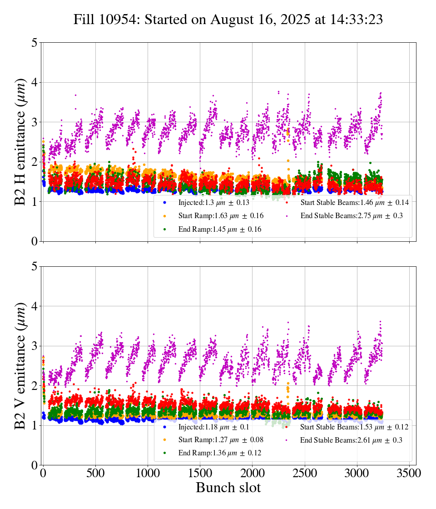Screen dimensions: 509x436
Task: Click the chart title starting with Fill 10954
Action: coord(228,20)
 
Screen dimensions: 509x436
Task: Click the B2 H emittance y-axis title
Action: coord(20,142)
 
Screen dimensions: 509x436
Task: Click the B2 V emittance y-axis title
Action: coord(20,366)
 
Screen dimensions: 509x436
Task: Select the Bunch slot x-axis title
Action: coord(228,488)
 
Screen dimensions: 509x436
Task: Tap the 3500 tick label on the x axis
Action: coord(409,473)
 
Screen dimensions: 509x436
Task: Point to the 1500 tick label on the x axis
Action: coord(200,473)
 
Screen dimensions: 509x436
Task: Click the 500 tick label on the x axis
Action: coord(95,473)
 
